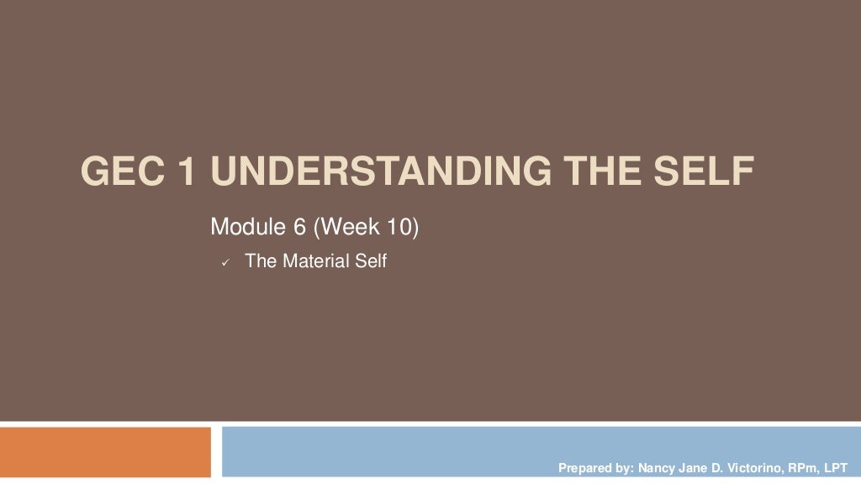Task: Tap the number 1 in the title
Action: coord(190,172)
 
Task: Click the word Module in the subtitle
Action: coord(244,227)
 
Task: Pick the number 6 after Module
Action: coord(298,227)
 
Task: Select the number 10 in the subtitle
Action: coord(399,227)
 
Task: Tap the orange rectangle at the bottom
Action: coord(105,452)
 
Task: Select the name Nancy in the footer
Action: coord(657,467)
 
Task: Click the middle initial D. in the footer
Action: coord(719,467)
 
